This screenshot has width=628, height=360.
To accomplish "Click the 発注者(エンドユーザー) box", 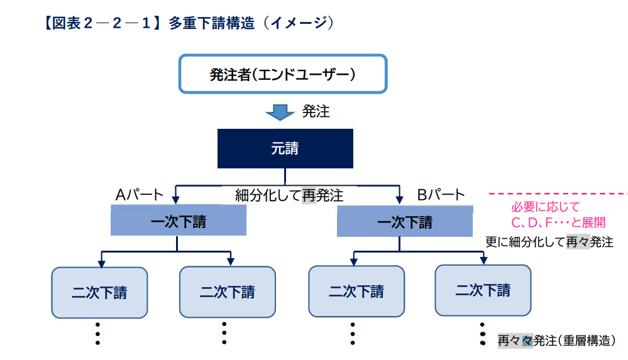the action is coord(283,74).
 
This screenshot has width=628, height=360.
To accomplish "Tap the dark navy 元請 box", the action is coord(285,148).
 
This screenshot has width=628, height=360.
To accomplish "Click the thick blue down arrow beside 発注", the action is coord(280,112).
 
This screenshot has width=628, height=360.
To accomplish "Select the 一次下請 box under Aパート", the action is coord(179,221).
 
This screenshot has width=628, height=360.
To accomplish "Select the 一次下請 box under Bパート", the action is coord(404,221).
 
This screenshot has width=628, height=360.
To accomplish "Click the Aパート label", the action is coord(140,195).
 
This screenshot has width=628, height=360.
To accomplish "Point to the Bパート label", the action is coord(441,195).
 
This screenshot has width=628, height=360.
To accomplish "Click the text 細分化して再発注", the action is coord(289,195).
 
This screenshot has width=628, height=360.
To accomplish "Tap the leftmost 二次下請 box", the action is coord(99,293).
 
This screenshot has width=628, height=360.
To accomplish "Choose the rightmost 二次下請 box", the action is coord(483,290).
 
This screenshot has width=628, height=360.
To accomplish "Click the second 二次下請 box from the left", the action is coord(228,292).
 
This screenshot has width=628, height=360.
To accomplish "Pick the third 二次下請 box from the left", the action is coord(356,291).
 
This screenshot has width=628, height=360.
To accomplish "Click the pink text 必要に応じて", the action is coord(546,207).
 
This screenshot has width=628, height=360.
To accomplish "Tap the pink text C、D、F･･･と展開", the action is coord(558,222).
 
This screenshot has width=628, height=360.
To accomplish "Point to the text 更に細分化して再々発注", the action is coord(549,242).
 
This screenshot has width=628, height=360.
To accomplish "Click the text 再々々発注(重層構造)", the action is coord(557,341).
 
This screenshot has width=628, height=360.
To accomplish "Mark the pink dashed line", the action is coord(558,194).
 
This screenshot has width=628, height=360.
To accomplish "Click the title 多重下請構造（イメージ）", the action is coord(251,23).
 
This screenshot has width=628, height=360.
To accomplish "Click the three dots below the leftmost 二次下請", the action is coord(97,334).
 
